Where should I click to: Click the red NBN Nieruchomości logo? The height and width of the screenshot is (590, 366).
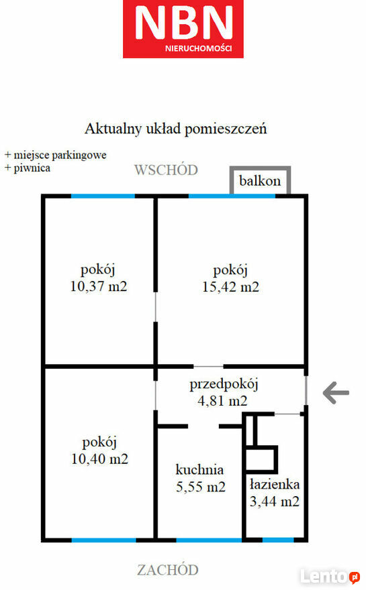pyautogui.click(x=183, y=29)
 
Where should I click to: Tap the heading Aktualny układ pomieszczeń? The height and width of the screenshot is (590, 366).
pyautogui.click(x=176, y=129)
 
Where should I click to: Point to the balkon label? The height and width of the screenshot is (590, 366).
pyautogui.click(x=260, y=181)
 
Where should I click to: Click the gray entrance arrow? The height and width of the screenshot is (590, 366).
pyautogui.click(x=336, y=392)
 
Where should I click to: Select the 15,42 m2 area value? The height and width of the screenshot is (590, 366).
pyautogui.click(x=231, y=287)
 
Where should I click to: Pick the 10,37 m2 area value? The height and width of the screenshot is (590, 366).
pyautogui.click(x=99, y=286)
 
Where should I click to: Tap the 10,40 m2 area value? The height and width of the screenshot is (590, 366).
pyautogui.click(x=100, y=459)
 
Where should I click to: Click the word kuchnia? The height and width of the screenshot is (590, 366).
pyautogui.click(x=199, y=469)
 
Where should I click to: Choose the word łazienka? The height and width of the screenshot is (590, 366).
pyautogui.click(x=275, y=484)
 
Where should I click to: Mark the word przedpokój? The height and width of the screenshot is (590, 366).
pyautogui.click(x=224, y=385)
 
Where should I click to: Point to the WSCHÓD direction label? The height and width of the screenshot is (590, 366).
pyautogui.click(x=167, y=170)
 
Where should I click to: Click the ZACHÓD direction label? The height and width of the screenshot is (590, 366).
pyautogui.click(x=168, y=570)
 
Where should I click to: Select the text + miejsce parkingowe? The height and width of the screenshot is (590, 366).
pyautogui.click(x=56, y=155)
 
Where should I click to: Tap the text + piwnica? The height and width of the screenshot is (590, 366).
pyautogui.click(x=27, y=168)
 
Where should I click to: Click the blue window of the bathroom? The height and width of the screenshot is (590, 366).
pyautogui.click(x=278, y=540)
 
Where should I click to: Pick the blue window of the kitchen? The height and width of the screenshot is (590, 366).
pyautogui.click(x=210, y=540)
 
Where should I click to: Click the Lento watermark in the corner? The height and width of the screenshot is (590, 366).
pyautogui.click(x=330, y=577)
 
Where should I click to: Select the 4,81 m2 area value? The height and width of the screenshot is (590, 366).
pyautogui.click(x=222, y=401)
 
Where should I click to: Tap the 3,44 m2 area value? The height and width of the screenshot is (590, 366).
pyautogui.click(x=275, y=501)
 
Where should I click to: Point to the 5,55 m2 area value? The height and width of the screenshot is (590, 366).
pyautogui.click(x=201, y=487)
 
